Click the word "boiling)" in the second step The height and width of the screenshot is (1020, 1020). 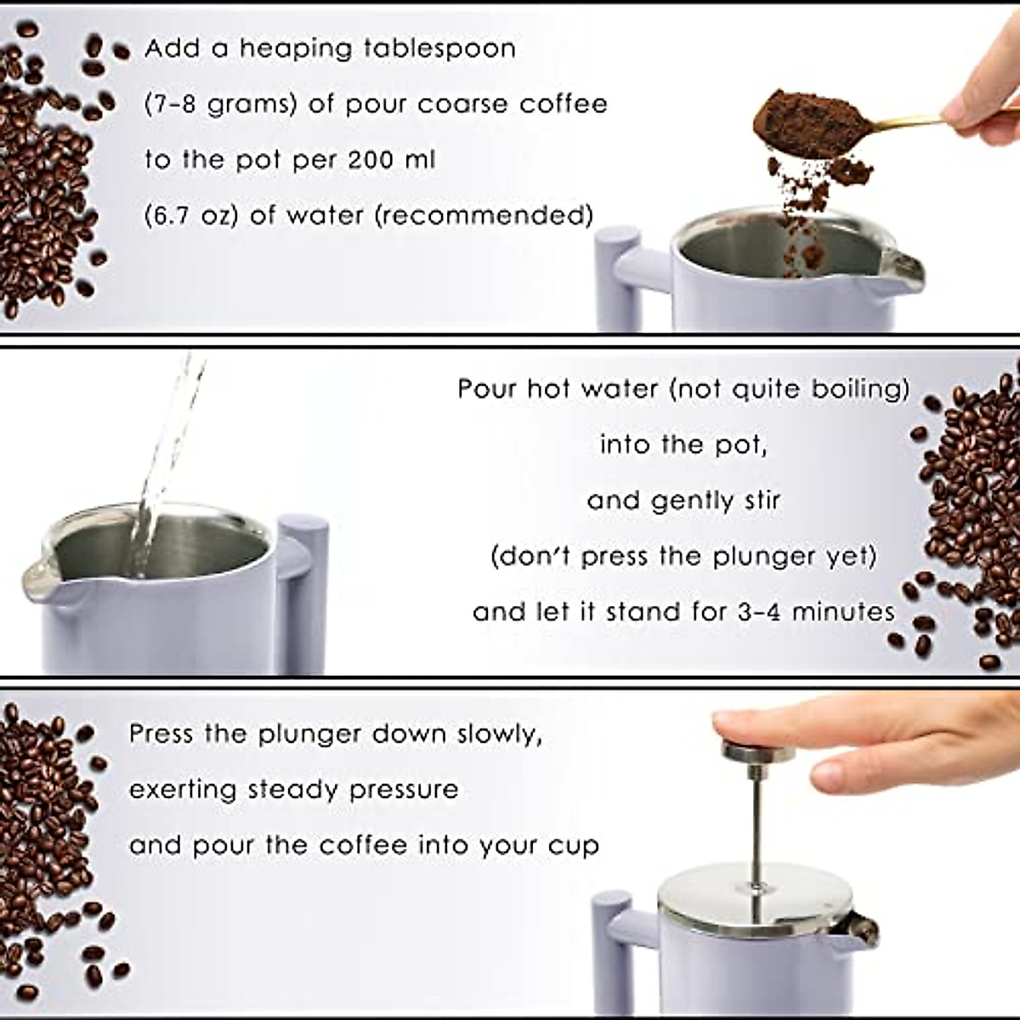pyautogui.click(x=860, y=389)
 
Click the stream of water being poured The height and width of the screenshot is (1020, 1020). pyautogui.click(x=161, y=459)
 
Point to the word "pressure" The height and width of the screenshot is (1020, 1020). pyautogui.click(x=404, y=790)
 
